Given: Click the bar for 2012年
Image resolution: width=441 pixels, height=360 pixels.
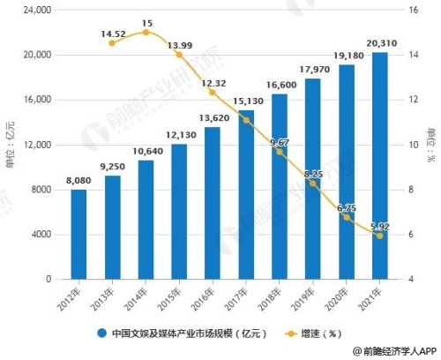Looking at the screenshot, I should pyautogui.click(x=79, y=234).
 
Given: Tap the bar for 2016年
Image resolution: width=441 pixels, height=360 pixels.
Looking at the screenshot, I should pyautogui.click(x=213, y=203).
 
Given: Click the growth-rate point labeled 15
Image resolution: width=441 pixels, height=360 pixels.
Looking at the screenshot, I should pyautogui.click(x=146, y=33).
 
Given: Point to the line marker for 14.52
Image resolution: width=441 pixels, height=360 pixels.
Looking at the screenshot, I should pyautogui.click(x=112, y=43).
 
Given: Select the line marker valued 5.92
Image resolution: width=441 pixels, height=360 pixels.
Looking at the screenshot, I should pyautogui.click(x=379, y=236).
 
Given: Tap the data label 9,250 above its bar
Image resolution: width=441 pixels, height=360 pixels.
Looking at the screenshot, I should pyautogui.click(x=112, y=166).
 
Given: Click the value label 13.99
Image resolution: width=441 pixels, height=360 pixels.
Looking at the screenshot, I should pyautogui.click(x=179, y=44).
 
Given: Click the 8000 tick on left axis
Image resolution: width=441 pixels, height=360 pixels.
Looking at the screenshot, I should pyautogui.click(x=40, y=189).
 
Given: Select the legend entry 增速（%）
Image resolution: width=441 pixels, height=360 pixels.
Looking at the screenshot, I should pyautogui.click(x=310, y=334).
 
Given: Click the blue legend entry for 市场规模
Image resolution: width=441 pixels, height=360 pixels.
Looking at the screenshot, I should pyautogui.click(x=172, y=334).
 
